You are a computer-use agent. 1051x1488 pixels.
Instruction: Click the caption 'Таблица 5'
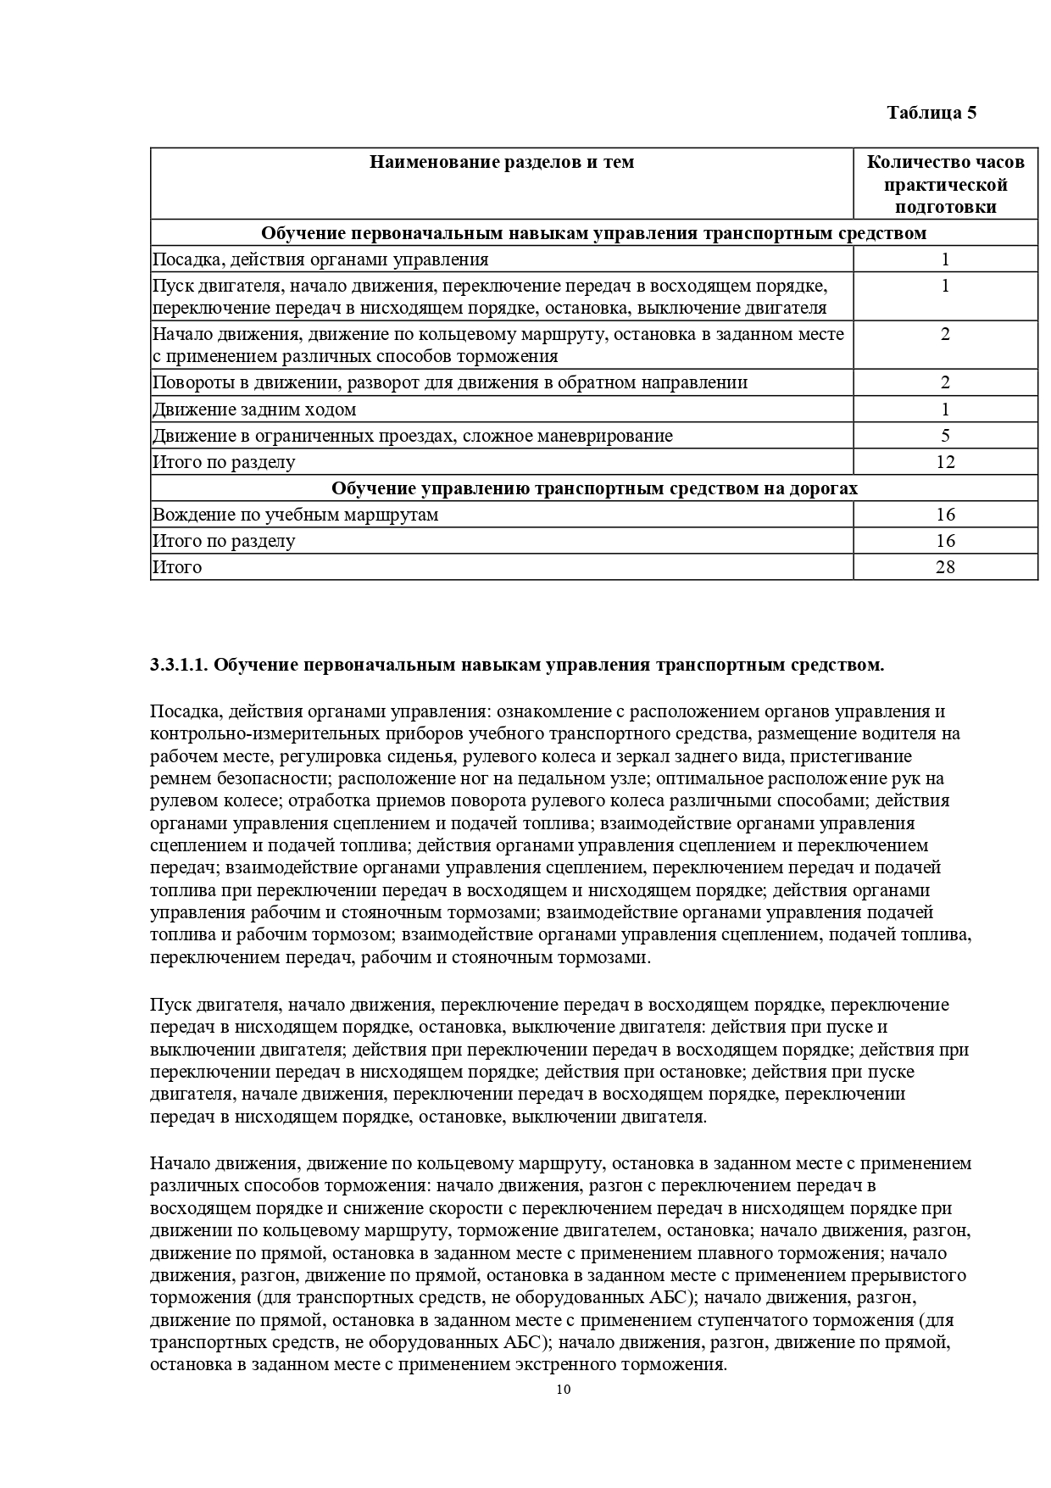[931, 113]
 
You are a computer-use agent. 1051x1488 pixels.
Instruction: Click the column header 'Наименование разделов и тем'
[502, 162]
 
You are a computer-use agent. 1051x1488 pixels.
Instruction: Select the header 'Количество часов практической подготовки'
[945, 184]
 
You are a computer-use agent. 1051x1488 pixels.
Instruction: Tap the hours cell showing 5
[945, 436]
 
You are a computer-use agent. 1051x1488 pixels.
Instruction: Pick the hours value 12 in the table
[945, 462]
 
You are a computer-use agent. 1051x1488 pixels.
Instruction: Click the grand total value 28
[945, 566]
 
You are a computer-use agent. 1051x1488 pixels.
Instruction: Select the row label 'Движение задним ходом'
[254, 410]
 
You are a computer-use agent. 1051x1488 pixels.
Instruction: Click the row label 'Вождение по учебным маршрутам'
[295, 515]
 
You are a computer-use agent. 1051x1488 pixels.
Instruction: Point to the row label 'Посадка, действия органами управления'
[320, 259]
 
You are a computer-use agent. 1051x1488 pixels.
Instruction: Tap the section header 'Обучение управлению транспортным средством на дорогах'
[594, 488]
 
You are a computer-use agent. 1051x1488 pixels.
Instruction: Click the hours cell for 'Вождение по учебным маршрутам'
[945, 515]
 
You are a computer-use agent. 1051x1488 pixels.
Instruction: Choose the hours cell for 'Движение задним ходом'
[945, 410]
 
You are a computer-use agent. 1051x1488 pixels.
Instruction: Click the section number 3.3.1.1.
[179, 665]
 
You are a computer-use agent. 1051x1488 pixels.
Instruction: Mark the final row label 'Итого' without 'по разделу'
[177, 566]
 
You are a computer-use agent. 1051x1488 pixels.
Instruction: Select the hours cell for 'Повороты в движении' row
[945, 382]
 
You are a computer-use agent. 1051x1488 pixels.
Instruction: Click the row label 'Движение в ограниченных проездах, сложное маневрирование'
[412, 436]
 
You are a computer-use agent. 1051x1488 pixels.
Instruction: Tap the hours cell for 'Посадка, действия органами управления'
[945, 259]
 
